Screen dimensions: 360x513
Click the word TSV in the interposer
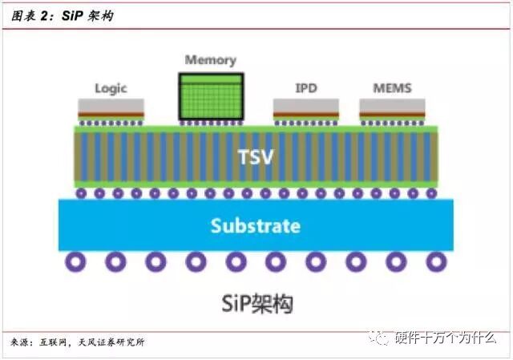[256, 156]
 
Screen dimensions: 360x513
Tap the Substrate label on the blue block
[256, 226]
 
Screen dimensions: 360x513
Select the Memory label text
[210, 60]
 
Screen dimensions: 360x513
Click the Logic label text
[111, 88]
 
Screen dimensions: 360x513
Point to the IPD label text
[305, 87]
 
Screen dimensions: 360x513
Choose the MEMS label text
[392, 87]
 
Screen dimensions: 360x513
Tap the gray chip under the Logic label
[111, 106]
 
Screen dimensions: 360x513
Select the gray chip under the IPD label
[305, 106]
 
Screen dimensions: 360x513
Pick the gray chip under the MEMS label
[392, 106]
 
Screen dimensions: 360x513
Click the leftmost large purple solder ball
[76, 261]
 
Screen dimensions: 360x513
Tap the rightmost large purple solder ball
[436, 261]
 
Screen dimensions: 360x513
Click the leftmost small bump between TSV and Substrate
[81, 193]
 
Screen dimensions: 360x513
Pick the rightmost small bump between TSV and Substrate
[431, 193]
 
